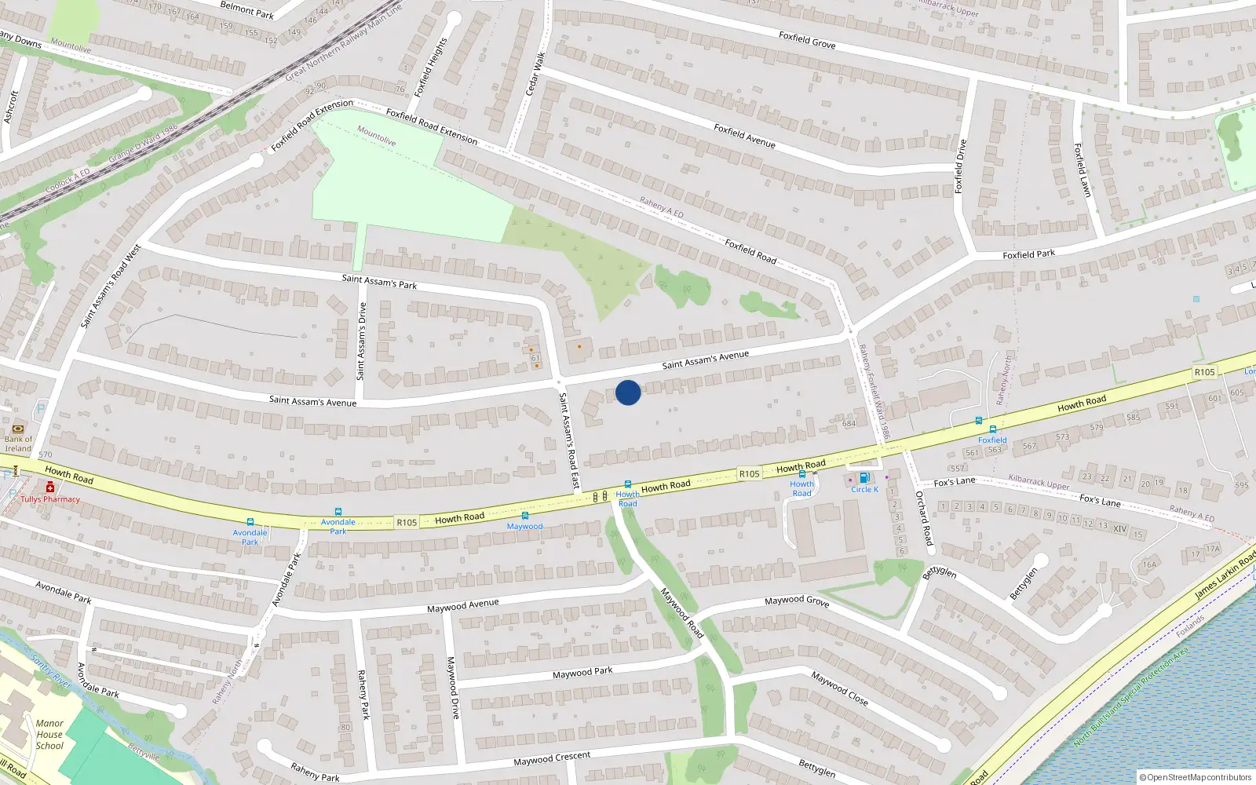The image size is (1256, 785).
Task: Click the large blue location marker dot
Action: point(628,392)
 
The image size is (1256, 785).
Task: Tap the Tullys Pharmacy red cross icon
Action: point(50,487)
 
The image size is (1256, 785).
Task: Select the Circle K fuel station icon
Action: point(864,477)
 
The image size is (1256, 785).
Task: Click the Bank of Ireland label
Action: point(18,444)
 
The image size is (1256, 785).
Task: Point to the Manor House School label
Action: point(49,735)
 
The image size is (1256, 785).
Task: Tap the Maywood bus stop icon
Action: point(525,516)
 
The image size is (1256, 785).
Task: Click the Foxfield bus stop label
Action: point(992,440)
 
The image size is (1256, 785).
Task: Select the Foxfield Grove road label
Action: point(807,40)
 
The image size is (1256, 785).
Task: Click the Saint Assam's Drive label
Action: point(362,341)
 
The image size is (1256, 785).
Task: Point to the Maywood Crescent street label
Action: point(552,758)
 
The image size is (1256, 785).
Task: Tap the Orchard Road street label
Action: point(924,518)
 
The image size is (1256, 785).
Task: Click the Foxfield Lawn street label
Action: point(1082,170)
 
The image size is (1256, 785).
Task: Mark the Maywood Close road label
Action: point(839,688)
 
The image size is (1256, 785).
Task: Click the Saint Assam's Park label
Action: point(379,281)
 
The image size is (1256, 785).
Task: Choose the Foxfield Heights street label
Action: point(430,67)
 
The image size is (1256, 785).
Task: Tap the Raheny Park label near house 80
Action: point(363,695)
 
